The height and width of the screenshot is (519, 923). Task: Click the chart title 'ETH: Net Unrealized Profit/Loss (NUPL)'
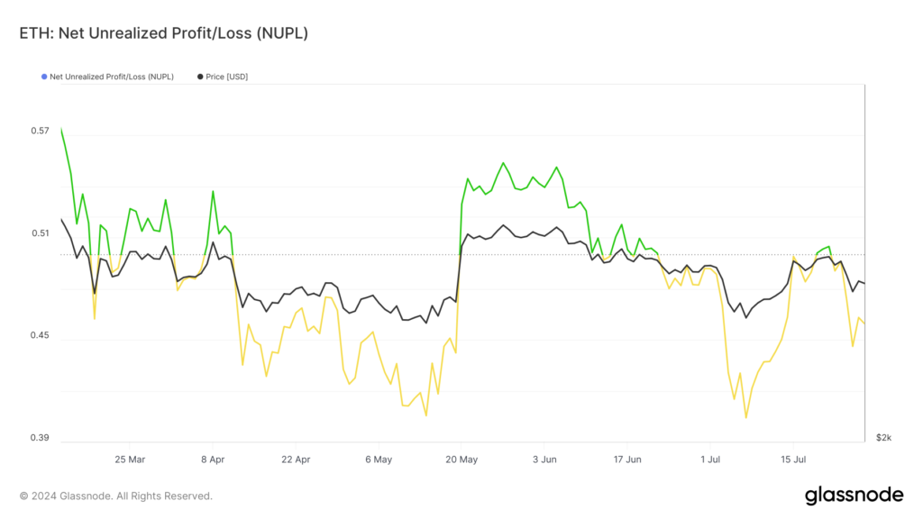coord(163,33)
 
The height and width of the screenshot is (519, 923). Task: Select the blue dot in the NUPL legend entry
coord(44,77)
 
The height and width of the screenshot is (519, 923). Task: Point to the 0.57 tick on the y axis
coord(40,131)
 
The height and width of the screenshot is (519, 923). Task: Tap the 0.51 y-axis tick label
coord(40,233)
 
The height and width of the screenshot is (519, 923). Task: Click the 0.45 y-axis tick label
coord(40,336)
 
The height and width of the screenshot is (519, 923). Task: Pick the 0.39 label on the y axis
coord(40,439)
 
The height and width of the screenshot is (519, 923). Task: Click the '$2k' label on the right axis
coord(883,438)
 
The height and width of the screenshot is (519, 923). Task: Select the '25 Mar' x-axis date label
coord(130,459)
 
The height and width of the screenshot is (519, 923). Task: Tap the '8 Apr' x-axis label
coord(213,459)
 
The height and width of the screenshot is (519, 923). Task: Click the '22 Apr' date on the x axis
coord(296,459)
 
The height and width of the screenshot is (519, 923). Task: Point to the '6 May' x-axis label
coord(379,459)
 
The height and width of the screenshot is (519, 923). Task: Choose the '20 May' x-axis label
coord(461,459)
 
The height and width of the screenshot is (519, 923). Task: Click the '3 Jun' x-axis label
coord(544,459)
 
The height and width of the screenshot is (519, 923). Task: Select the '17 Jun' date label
coord(627,459)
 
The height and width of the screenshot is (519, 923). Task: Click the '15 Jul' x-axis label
coord(793,459)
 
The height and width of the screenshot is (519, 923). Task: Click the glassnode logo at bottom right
coord(854,495)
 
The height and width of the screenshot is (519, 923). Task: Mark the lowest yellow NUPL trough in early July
coord(746,417)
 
